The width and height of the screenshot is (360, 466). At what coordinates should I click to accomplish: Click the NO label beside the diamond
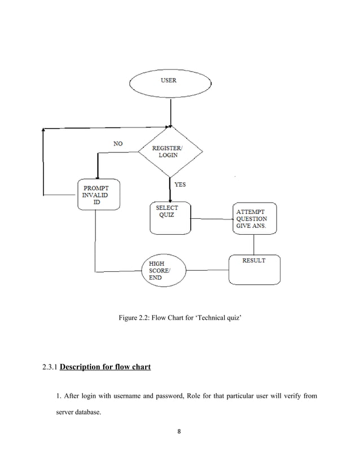click(x=118, y=143)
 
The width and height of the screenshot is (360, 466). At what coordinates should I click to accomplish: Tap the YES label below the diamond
click(x=180, y=184)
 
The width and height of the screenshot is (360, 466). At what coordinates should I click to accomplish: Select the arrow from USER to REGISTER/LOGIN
click(x=170, y=113)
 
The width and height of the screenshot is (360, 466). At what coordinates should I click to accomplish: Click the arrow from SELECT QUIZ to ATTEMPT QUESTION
click(x=212, y=219)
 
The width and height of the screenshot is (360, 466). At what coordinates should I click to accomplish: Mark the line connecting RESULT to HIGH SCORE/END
click(x=207, y=270)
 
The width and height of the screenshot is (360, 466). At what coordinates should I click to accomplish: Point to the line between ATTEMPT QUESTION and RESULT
click(x=253, y=244)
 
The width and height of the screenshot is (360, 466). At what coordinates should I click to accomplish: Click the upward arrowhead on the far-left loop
click(x=43, y=130)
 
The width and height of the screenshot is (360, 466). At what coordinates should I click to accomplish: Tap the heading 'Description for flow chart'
click(x=106, y=367)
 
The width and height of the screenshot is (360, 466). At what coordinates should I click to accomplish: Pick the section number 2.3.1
click(x=50, y=367)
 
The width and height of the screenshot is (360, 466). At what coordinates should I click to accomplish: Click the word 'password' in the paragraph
click(x=170, y=396)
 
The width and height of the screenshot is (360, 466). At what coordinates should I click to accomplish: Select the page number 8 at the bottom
click(x=179, y=431)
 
